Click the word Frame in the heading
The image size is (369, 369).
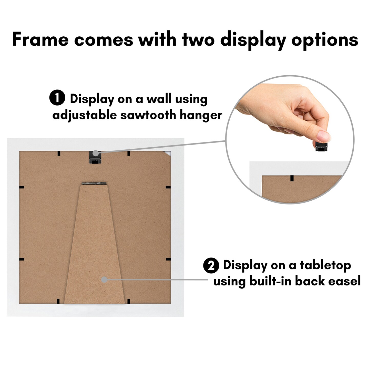coord(40,39)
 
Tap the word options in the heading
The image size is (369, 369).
coord(325,40)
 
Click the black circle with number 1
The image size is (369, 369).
coord(57,99)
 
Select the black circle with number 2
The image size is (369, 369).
coord(211,265)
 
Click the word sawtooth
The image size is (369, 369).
coord(148,115)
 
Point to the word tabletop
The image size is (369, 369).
coord(325,265)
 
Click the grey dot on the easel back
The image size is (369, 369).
coord(104,280)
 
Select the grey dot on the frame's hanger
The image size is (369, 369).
coord(95,153)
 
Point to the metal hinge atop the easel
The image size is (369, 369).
coord(94,183)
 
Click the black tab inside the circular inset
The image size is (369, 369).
coord(292,178)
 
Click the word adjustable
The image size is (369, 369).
coord(85,115)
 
